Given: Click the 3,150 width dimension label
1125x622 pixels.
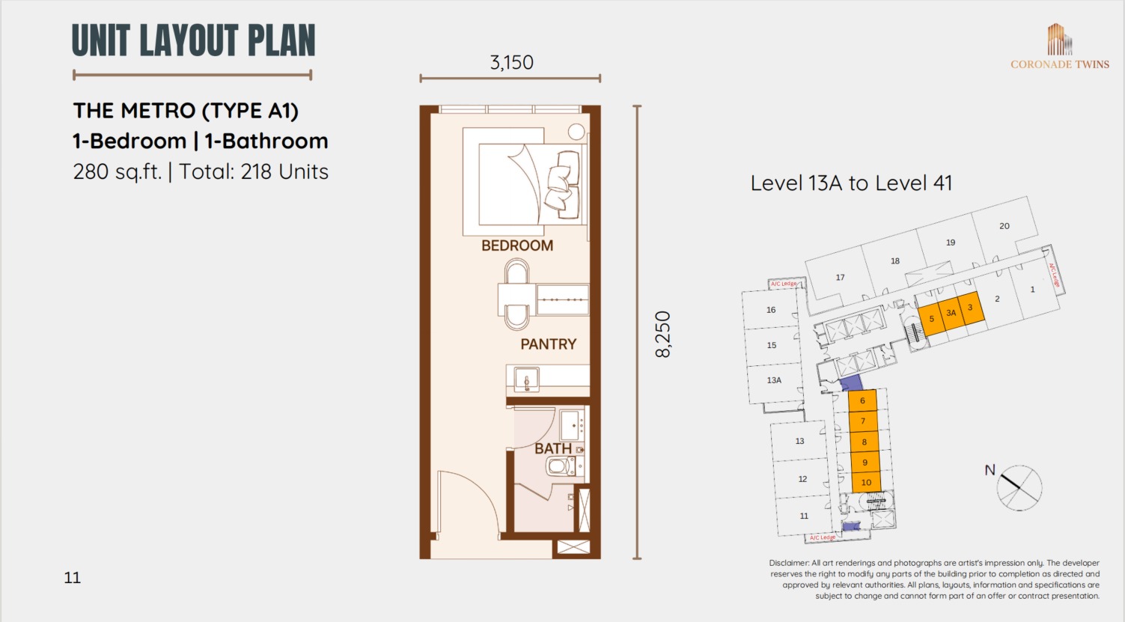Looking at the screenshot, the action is (x=511, y=62).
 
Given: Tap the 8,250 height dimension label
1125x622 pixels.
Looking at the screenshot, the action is (x=663, y=334).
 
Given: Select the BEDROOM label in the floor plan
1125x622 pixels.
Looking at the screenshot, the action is (x=517, y=246).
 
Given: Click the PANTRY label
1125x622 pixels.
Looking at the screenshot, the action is (x=549, y=344).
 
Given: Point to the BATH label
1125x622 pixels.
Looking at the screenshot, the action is (x=553, y=448).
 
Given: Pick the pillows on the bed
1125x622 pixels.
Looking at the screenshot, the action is (x=563, y=185).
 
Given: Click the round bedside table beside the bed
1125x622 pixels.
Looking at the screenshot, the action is (x=576, y=132).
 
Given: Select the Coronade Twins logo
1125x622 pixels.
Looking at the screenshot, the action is (x=1060, y=46).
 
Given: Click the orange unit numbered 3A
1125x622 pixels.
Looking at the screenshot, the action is (x=951, y=314).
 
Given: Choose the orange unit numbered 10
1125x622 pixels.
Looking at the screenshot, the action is (x=866, y=482).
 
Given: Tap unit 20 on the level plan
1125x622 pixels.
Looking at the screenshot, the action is (x=1004, y=226).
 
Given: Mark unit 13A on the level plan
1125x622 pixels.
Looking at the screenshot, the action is (x=774, y=380).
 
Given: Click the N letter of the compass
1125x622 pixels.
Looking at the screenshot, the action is (x=990, y=470).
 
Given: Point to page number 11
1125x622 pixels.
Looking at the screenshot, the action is (x=73, y=578).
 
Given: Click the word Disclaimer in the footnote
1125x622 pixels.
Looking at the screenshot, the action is (x=789, y=563).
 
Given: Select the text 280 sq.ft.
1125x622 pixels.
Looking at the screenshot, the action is (x=117, y=172).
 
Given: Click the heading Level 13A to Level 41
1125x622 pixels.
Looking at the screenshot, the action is (x=851, y=183).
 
